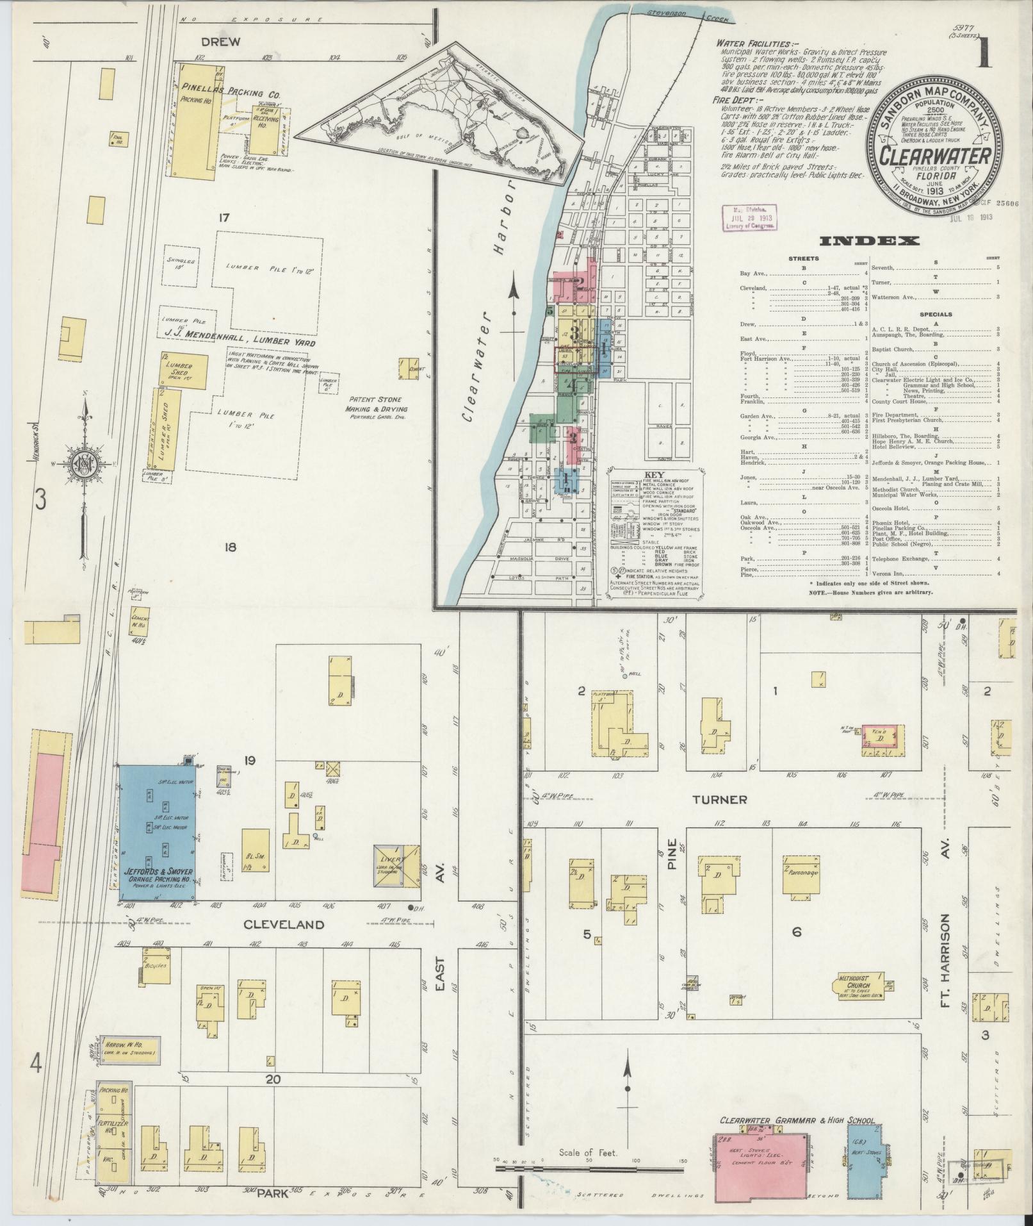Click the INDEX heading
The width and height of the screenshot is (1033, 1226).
(x=869, y=241)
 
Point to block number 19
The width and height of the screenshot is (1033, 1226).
(x=250, y=761)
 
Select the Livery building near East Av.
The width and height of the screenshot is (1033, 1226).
(x=397, y=865)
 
